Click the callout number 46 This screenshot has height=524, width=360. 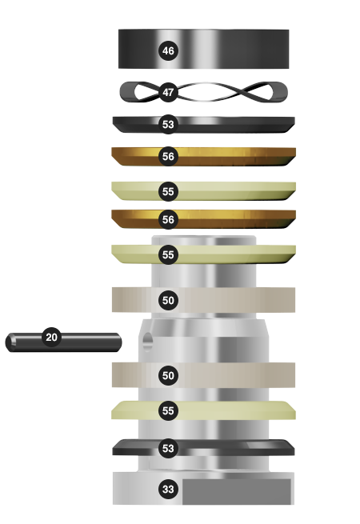click(168, 50)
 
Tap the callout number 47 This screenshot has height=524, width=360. click(168, 92)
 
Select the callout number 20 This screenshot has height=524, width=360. click(51, 337)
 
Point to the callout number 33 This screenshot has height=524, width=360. click(168, 490)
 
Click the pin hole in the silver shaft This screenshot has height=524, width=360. click(147, 342)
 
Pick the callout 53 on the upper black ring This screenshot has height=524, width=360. click(168, 124)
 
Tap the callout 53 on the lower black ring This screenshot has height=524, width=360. click(168, 448)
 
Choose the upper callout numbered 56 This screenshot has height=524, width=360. click(168, 156)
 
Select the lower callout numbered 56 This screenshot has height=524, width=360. click(168, 219)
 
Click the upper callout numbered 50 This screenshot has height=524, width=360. click(168, 301)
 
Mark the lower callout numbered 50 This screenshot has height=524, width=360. click(168, 376)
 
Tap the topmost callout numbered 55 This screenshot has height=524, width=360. click(168, 191)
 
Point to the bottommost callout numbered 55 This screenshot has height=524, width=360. click(168, 410)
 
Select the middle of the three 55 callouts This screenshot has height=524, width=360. click(168, 254)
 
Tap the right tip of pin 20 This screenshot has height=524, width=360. click(122, 342)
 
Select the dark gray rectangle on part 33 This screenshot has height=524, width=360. click(236, 491)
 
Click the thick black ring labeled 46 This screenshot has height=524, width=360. click(234, 49)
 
